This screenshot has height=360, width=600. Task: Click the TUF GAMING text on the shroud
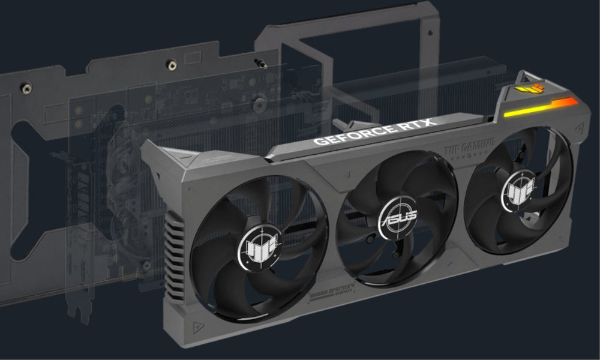click(469, 144)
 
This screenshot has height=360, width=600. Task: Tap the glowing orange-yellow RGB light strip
click(540, 108)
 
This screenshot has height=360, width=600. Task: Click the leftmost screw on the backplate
click(26, 88)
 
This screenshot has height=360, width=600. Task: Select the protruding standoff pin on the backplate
click(262, 63)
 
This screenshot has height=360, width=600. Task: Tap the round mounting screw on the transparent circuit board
click(260, 103)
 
